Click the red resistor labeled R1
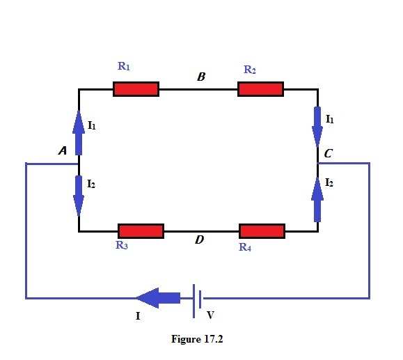coord(136,89)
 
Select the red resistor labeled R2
coord(260,89)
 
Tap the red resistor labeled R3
coord(141,230)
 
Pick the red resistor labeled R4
coord(262,230)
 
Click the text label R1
coord(124,67)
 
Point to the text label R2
coord(250,70)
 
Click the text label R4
coord(244,246)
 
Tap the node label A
coord(62,150)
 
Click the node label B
coord(200,77)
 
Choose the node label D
coord(199,240)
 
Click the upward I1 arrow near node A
coord(79,132)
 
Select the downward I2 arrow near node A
coord(79,196)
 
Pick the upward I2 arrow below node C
coord(318,198)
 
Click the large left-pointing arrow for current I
coord(158,299)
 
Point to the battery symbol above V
coord(198,299)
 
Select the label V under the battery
coord(211,315)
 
